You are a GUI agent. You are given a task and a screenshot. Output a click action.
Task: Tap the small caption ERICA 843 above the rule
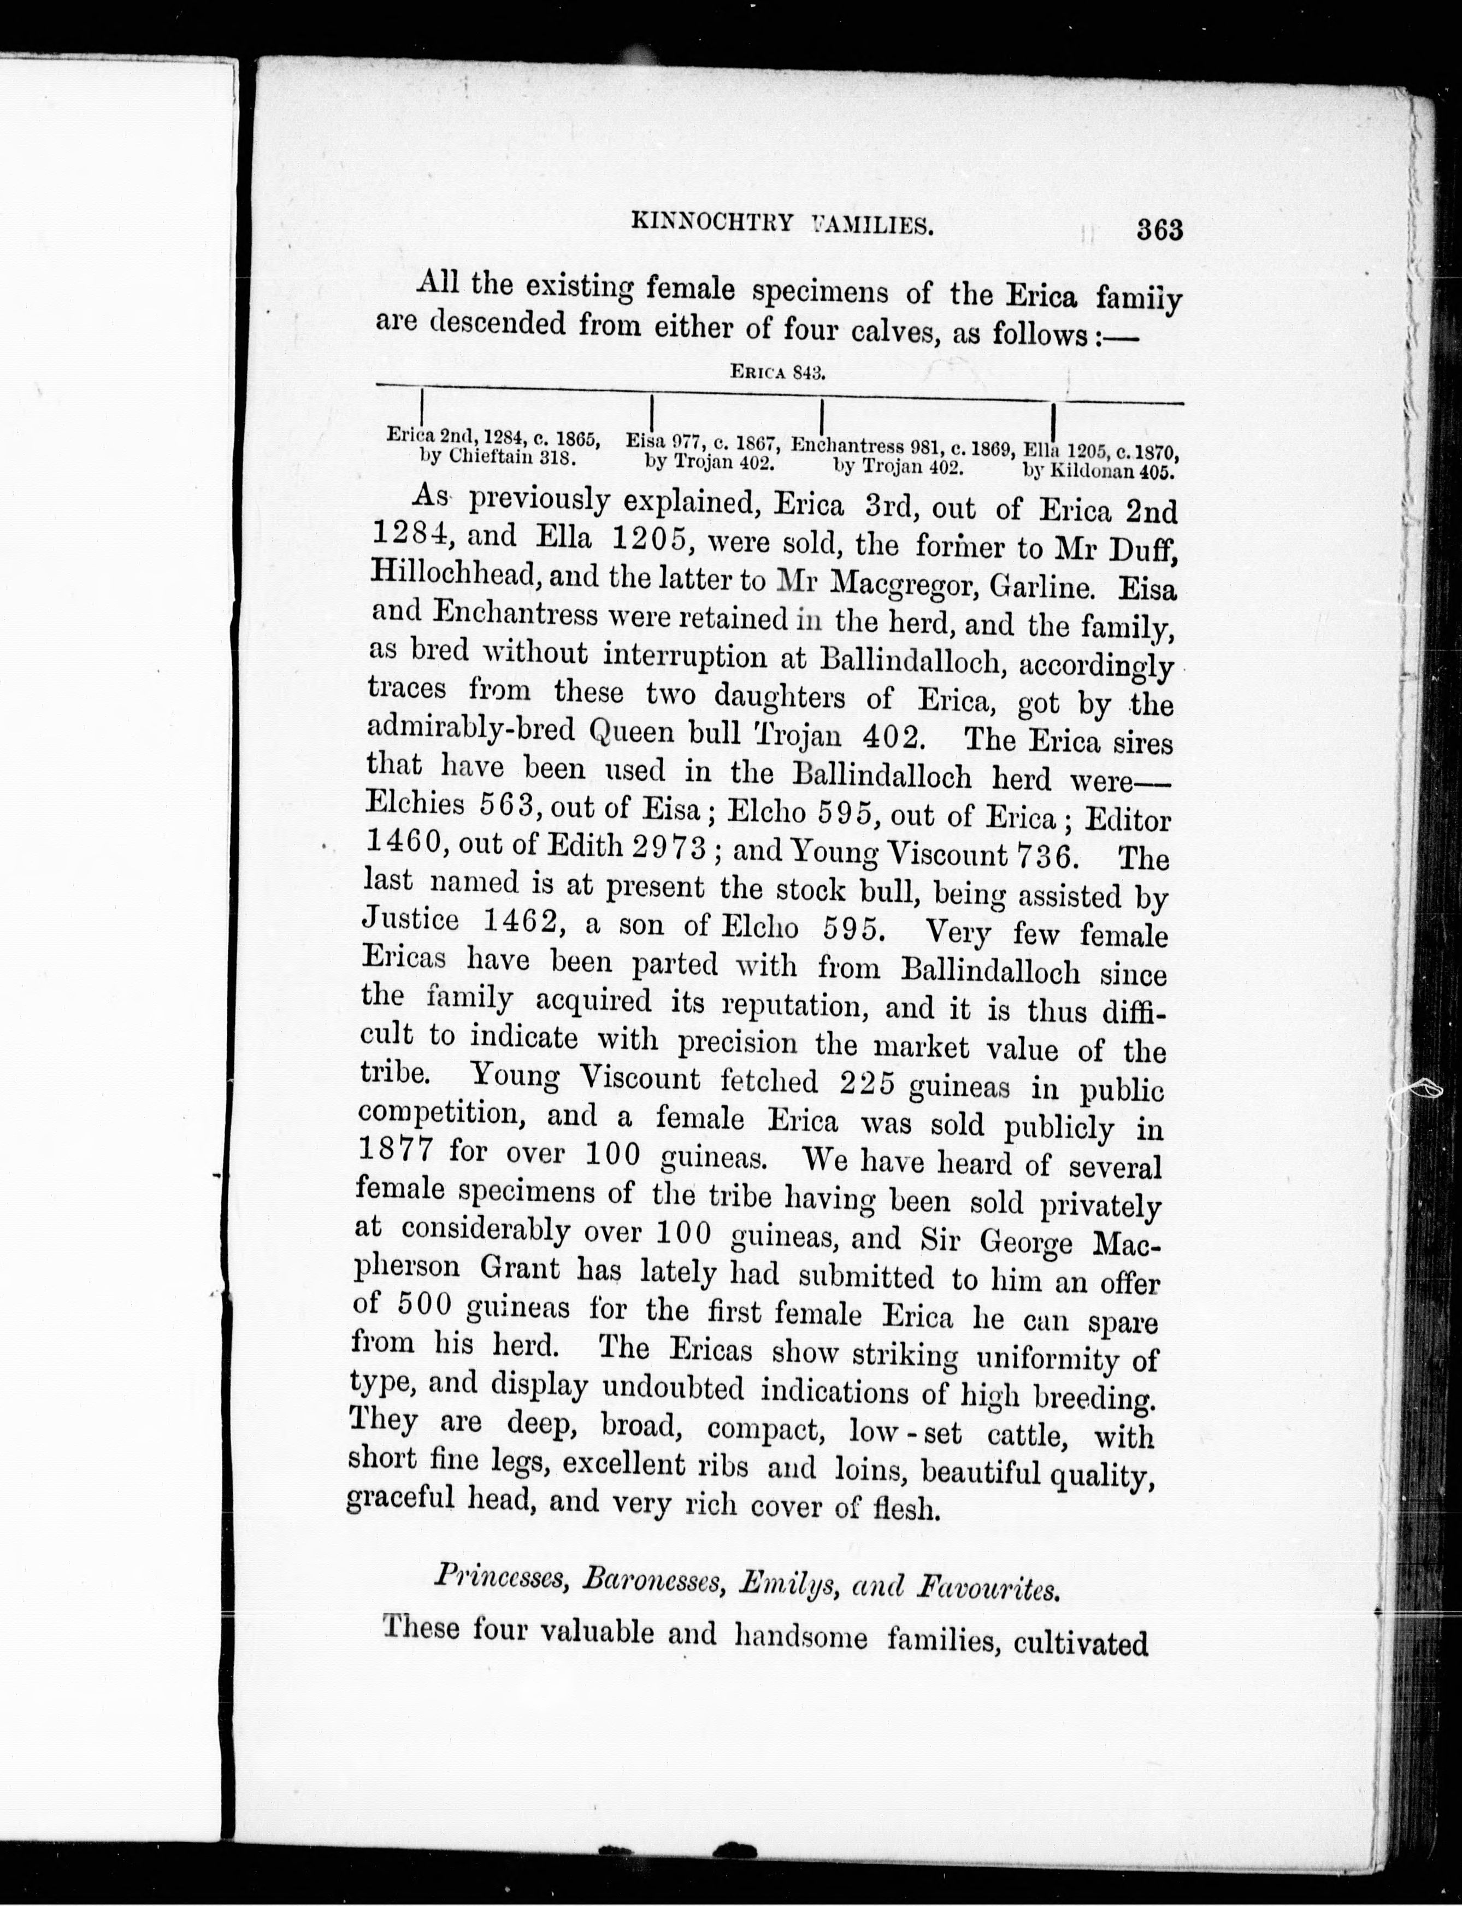click(x=777, y=373)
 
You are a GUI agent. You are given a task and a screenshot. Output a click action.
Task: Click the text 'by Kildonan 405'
click(x=1098, y=472)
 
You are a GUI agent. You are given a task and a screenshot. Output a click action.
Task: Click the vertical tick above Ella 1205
click(x=1054, y=421)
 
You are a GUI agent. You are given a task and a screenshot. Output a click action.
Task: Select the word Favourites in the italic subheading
click(x=988, y=1589)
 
